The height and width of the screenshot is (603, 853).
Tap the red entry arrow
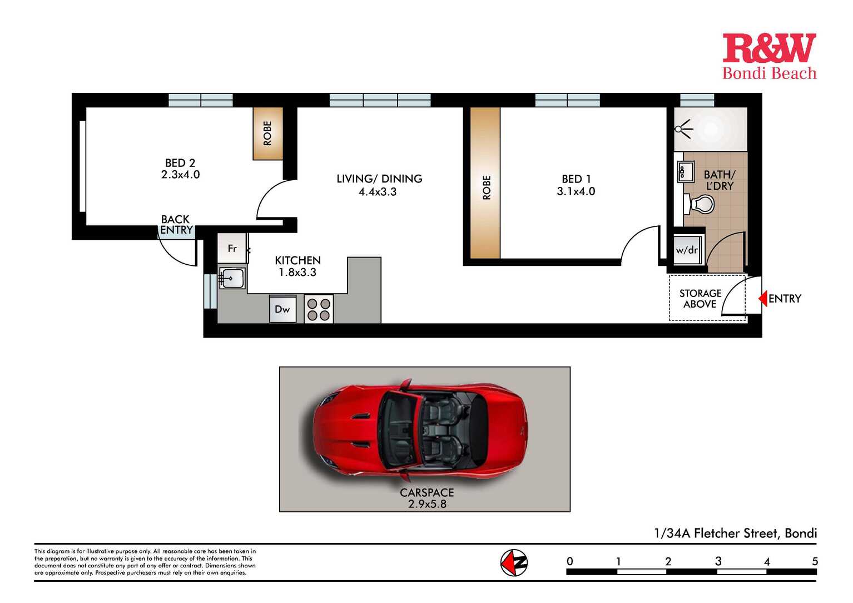[x=762, y=298]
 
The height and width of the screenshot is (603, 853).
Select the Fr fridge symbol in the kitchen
[x=232, y=248]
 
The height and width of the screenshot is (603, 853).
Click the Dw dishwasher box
[x=282, y=309]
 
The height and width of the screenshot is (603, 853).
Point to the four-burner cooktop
[x=319, y=309]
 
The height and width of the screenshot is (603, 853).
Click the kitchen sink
[x=232, y=278]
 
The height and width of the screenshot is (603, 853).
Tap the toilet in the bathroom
[x=699, y=204]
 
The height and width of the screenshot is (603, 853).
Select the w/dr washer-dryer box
[x=687, y=250]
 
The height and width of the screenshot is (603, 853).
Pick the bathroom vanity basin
[x=686, y=171]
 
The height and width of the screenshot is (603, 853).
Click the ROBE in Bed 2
[x=267, y=134]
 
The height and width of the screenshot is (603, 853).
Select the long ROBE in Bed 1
[x=485, y=183]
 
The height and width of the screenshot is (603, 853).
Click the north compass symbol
[x=514, y=562]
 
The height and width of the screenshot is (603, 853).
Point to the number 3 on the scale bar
[x=718, y=561]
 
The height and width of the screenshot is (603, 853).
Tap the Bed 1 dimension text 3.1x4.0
[x=576, y=191]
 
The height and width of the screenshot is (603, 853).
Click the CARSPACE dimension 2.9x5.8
[x=427, y=504]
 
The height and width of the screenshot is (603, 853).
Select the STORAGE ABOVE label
[x=700, y=299]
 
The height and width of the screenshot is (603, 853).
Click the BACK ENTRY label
[x=176, y=224]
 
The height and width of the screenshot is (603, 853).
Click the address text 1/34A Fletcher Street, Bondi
[x=735, y=533]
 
